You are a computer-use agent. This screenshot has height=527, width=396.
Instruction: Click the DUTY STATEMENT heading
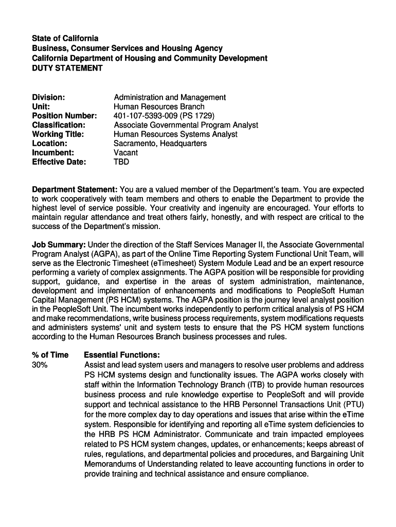coord(67,68)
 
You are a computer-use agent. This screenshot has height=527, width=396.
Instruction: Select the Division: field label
coord(48,97)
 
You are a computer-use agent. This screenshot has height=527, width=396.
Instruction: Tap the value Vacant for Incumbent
coord(125,153)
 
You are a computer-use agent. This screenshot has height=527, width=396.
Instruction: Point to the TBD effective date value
coord(121,162)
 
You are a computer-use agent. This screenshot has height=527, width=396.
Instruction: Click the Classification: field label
coord(59,125)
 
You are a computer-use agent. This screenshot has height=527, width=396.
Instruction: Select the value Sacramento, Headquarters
coord(160,144)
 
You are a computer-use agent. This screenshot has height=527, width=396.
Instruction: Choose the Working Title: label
coord(58,134)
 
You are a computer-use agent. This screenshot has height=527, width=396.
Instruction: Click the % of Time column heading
coord(50,355)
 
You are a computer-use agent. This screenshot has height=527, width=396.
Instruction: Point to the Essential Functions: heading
coord(122,355)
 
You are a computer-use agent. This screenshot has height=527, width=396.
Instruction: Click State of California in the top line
coord(65,39)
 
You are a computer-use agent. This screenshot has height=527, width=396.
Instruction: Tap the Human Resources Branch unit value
coord(159,107)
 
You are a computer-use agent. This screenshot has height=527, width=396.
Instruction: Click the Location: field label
coord(49,144)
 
